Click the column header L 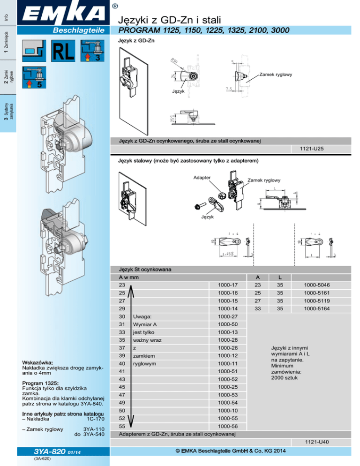click(278, 277)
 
